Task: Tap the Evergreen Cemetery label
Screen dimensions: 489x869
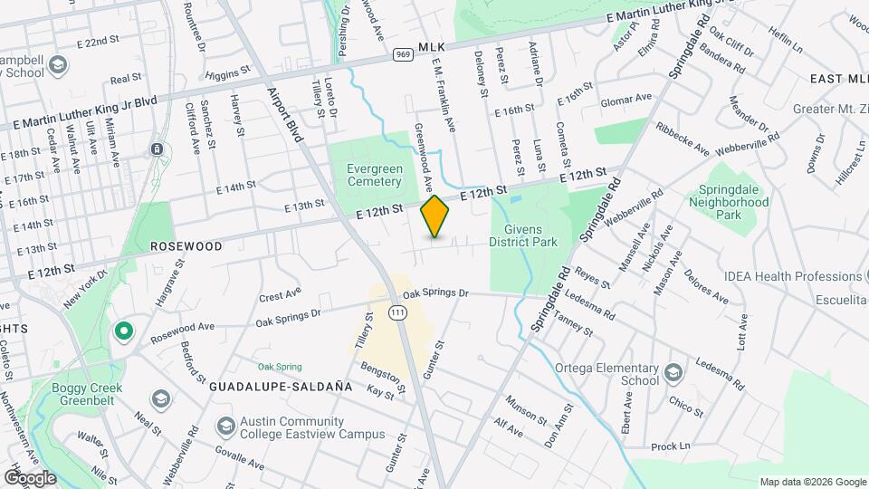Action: [x=374, y=175]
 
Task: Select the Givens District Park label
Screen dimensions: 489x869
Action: [x=523, y=235]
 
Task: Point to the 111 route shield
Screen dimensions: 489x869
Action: [x=397, y=312]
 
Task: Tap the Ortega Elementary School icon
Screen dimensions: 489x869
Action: [x=673, y=373]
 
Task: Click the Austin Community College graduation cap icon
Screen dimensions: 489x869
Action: [x=225, y=425]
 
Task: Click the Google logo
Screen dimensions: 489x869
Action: [x=30, y=477]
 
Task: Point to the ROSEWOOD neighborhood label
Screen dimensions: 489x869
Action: [x=186, y=245]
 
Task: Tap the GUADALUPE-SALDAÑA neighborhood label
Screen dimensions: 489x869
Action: [x=280, y=386]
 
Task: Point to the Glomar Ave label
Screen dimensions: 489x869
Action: [x=625, y=99]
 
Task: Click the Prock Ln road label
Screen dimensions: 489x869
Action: [x=670, y=446]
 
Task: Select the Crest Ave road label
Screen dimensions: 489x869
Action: [x=279, y=295]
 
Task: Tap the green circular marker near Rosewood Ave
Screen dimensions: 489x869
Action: [x=124, y=332]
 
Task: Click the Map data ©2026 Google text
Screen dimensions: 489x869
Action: [x=812, y=482]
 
